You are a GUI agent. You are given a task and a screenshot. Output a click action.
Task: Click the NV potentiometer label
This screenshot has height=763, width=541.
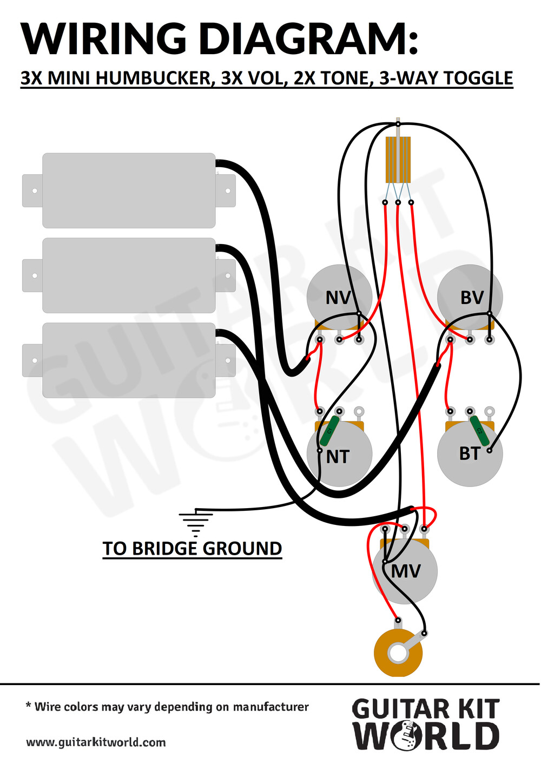[x=338, y=298]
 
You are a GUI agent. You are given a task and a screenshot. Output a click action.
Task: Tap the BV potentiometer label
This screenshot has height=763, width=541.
[x=472, y=298]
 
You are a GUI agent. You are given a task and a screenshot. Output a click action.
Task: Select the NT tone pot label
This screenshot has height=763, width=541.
[x=338, y=457]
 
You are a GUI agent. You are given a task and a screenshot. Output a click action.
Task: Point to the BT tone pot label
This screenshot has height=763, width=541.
[x=470, y=453]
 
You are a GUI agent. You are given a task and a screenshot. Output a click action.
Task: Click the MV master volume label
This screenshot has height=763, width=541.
[x=406, y=571]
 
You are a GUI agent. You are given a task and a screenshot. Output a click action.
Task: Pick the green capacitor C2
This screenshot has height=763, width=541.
[x=479, y=431]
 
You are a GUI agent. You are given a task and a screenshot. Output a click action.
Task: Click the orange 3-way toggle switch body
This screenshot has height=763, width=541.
[x=398, y=160]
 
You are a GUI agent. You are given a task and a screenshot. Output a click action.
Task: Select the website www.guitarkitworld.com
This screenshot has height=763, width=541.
[x=96, y=742]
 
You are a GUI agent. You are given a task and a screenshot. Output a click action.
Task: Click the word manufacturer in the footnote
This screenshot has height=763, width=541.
[x=270, y=707]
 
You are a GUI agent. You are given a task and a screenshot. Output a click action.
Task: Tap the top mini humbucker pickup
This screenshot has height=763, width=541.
[x=129, y=190]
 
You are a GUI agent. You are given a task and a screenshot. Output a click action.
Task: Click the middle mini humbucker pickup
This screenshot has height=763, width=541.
[x=129, y=275]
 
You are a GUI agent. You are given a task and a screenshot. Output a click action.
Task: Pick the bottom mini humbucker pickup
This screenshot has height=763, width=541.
[x=129, y=360]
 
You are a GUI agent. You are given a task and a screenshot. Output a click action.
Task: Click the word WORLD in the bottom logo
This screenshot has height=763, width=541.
[x=426, y=736]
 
